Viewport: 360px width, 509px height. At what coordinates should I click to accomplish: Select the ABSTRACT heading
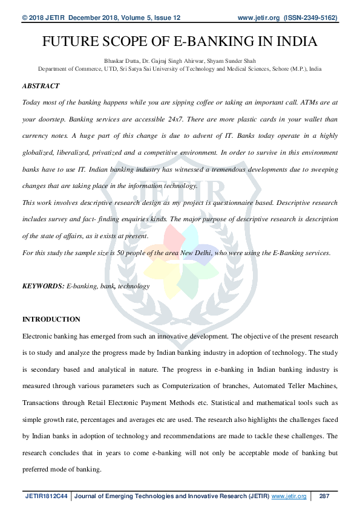click(41, 86)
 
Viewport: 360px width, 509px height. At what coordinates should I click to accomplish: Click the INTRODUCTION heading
click(51, 319)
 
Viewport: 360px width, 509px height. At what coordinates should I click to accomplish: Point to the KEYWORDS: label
click(43, 286)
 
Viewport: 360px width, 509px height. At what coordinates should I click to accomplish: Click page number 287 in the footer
click(324, 496)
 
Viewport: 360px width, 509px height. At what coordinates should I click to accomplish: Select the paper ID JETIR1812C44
click(47, 496)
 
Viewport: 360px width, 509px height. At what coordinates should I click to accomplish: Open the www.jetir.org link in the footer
click(289, 496)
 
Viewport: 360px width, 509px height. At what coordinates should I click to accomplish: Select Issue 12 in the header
click(163, 19)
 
